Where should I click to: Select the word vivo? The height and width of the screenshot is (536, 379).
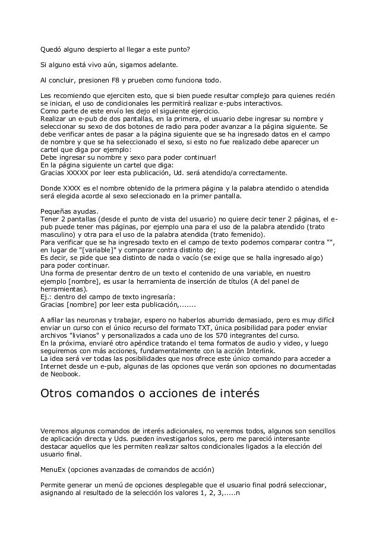(90, 64)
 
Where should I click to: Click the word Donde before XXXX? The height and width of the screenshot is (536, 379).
(50, 188)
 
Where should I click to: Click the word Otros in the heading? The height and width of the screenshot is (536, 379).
(59, 394)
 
